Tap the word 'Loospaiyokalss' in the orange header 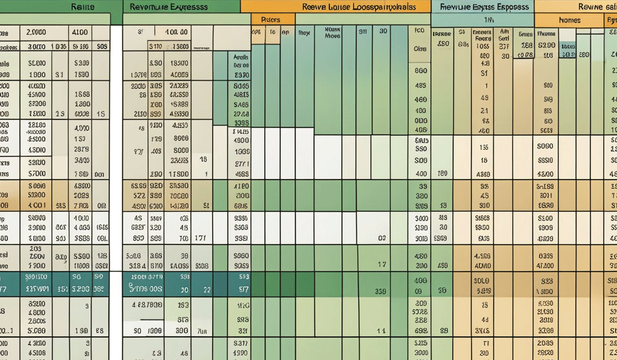[x=380, y=7]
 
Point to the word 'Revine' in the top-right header [x=589, y=7]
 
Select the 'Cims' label [x=420, y=49]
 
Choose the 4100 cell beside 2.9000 [x=80, y=32]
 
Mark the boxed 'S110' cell [x=155, y=46]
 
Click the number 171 [x=201, y=239]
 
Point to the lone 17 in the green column [x=382, y=265]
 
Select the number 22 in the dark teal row [x=207, y=290]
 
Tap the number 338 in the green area [x=380, y=291]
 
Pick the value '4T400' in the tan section [x=545, y=266]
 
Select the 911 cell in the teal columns [x=362, y=31]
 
